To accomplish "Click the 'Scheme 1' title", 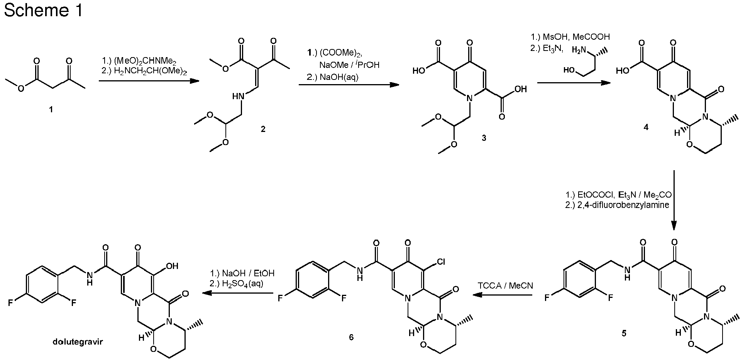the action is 43,11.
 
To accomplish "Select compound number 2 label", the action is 263,129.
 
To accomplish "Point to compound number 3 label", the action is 484,138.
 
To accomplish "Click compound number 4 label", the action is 646,127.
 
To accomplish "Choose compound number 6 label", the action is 351,337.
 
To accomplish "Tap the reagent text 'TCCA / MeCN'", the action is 505,286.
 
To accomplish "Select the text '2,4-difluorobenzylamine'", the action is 617,205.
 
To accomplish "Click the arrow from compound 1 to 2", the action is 149,81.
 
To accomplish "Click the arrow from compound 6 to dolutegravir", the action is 238,293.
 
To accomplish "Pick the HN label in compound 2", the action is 239,97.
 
